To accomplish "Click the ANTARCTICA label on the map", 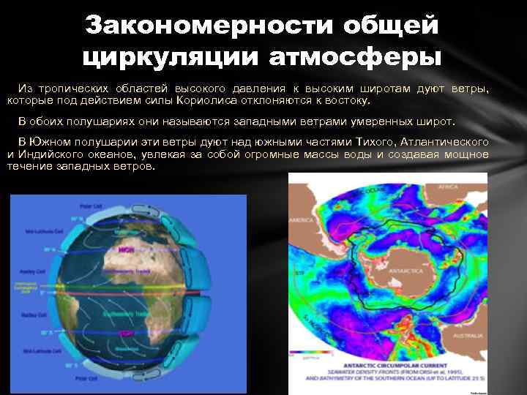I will [x=406, y=271].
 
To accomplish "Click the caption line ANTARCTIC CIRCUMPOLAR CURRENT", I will [x=395, y=363].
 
